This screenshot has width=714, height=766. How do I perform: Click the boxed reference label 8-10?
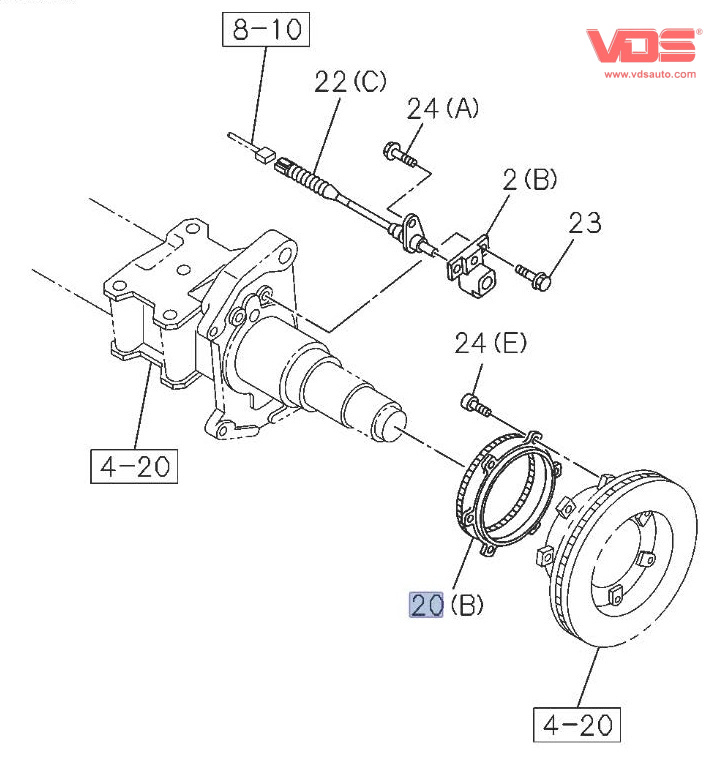(x=266, y=29)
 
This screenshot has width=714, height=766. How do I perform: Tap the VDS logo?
(x=642, y=46)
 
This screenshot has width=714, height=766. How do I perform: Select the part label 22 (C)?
(x=349, y=83)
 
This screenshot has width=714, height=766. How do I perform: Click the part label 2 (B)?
(x=530, y=181)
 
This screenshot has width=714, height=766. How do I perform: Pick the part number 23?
(x=585, y=222)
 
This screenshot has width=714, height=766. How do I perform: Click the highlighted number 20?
(x=427, y=605)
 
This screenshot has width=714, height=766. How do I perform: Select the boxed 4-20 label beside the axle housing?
(x=133, y=465)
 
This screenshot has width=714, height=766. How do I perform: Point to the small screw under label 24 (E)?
(x=474, y=403)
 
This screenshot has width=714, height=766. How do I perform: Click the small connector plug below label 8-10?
(x=265, y=153)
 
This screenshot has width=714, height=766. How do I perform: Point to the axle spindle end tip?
(x=386, y=420)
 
